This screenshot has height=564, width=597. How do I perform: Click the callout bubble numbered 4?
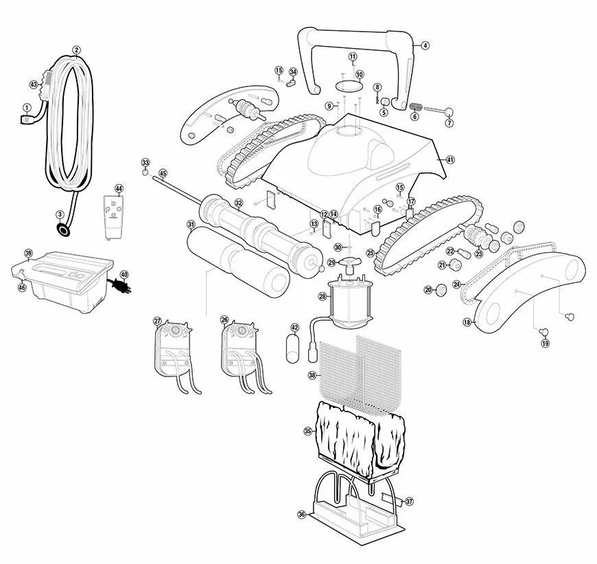click(425, 45)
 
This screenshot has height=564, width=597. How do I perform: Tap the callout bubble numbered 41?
click(450, 159)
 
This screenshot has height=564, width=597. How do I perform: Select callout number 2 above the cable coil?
click(76, 50)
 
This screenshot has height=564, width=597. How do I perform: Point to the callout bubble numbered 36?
click(301, 515)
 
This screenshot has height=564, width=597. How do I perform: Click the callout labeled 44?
click(119, 188)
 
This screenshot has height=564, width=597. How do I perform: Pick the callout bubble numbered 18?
click(467, 322)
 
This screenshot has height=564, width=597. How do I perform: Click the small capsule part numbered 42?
click(294, 344)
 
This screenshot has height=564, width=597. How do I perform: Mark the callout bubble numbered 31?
click(191, 224)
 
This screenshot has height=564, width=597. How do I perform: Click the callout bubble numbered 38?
click(312, 375)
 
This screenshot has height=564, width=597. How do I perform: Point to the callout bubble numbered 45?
click(163, 173)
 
